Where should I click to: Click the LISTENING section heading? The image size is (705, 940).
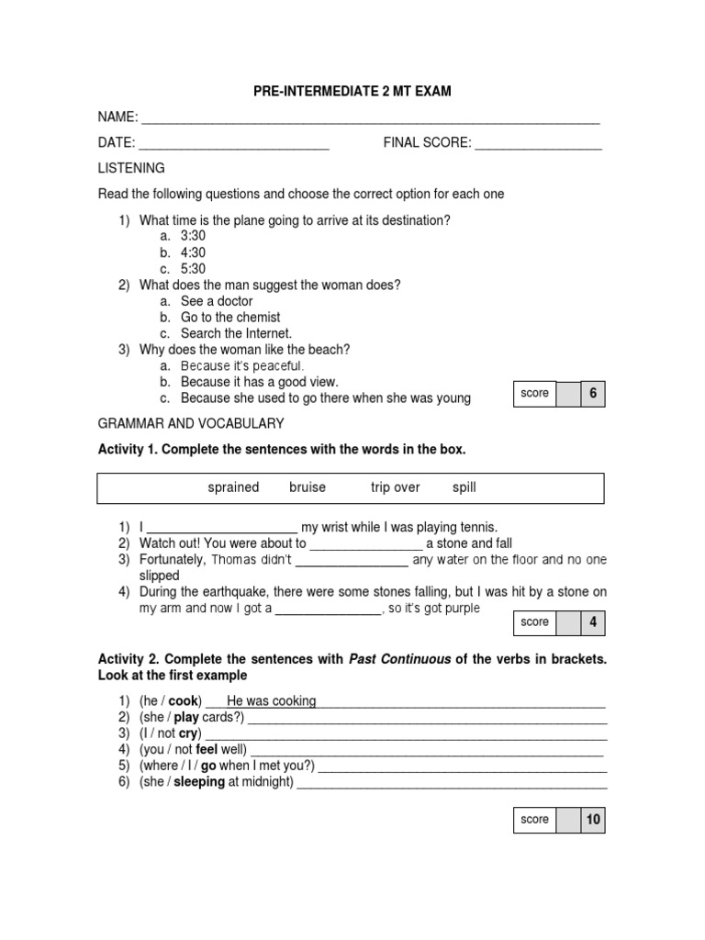click(x=131, y=169)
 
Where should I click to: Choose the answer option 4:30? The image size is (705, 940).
click(x=193, y=252)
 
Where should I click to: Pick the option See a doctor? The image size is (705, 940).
click(x=217, y=301)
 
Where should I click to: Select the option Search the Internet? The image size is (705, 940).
click(x=236, y=333)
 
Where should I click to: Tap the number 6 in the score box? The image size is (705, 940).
click(x=593, y=394)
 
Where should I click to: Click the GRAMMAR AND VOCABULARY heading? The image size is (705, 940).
click(x=191, y=423)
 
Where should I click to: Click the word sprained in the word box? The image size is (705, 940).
click(x=233, y=487)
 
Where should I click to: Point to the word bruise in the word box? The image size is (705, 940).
click(x=308, y=487)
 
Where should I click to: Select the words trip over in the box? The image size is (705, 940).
click(x=395, y=487)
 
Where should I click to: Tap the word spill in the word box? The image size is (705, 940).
click(x=464, y=487)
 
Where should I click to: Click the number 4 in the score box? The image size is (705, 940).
click(x=593, y=622)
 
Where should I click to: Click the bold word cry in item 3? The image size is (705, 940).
click(x=188, y=734)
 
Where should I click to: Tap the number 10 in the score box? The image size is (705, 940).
click(x=593, y=820)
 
